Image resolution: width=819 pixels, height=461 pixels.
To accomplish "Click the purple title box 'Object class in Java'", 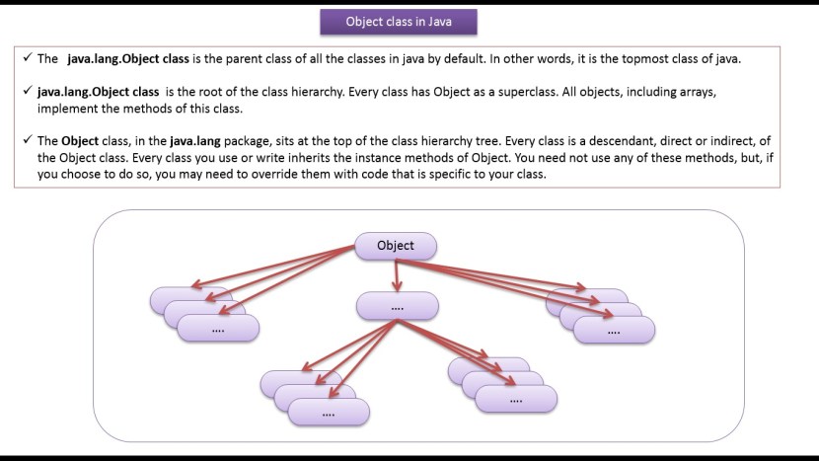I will pyautogui.click(x=399, y=22).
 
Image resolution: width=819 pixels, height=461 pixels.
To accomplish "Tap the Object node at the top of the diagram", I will pyautogui.click(x=396, y=246).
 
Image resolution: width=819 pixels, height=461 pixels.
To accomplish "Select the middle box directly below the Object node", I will pyautogui.click(x=397, y=307).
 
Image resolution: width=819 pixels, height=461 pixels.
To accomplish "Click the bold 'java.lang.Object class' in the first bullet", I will pyautogui.click(x=129, y=59).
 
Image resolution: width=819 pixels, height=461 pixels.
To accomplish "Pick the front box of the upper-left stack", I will pyautogui.click(x=218, y=330).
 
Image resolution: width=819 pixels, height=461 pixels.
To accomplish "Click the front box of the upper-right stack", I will pyautogui.click(x=615, y=331).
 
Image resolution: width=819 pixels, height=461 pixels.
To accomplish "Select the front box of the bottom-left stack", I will pyautogui.click(x=328, y=413).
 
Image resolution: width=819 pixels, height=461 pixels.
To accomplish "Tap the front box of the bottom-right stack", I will pyautogui.click(x=516, y=399).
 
